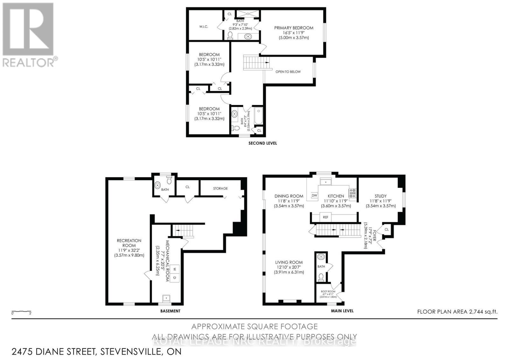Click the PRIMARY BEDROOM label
(294, 28)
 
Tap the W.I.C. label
(204, 27)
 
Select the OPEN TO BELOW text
(288, 72)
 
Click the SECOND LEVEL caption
(262, 143)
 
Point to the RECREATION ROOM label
(129, 243)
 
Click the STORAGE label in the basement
(220, 188)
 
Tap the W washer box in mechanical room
(174, 269)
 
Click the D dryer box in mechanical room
(174, 278)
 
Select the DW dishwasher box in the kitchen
(314, 195)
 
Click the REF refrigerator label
(325, 217)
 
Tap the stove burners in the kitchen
(352, 192)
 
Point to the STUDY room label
(380, 196)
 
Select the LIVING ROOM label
(289, 262)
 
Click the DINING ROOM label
(289, 196)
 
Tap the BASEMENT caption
(170, 311)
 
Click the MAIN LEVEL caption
(342, 311)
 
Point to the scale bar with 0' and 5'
(21, 312)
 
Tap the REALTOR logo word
(29, 62)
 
